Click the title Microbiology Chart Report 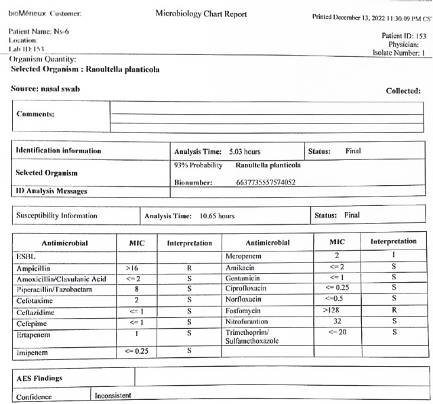tap(201, 14)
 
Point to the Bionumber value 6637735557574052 tap(266, 182)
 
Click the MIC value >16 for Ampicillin tap(133, 268)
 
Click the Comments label tap(35, 114)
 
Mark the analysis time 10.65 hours tap(216, 216)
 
